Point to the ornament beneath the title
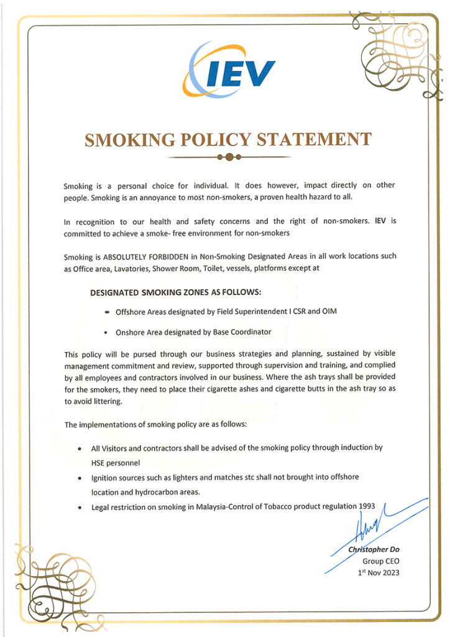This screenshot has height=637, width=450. pos(229,157)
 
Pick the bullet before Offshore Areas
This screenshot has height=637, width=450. pos(108,312)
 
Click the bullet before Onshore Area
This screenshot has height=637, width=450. pos(108,333)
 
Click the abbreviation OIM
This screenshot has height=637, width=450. pos(329,311)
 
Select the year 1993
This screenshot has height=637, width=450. pos(367,506)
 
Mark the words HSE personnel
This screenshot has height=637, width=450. pos(116,463)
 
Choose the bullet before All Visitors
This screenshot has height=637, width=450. pos(79,449)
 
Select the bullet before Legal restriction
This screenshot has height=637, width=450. pos(79,508)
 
